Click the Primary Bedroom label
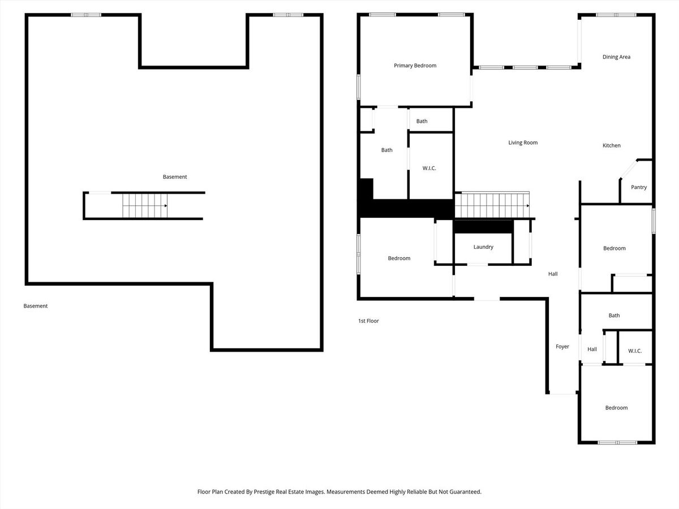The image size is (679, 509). pyautogui.click(x=415, y=66)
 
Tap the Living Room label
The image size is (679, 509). pyautogui.click(x=523, y=143)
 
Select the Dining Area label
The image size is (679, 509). pyautogui.click(x=616, y=57)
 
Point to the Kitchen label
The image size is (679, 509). pyautogui.click(x=611, y=145)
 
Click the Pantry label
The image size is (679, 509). pyautogui.click(x=639, y=187)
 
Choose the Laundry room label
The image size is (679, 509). pyautogui.click(x=483, y=247)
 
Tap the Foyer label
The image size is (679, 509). pyautogui.click(x=562, y=347)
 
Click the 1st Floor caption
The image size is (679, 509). pyautogui.click(x=368, y=321)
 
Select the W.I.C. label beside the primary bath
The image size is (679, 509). pyautogui.click(x=429, y=168)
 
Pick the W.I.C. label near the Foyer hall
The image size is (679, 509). pyautogui.click(x=635, y=351)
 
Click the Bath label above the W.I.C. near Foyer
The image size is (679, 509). pyautogui.click(x=614, y=315)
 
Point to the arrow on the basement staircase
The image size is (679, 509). pyautogui.click(x=166, y=205)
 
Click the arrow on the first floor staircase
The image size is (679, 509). pyautogui.click(x=528, y=205)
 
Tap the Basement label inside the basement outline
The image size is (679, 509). pyautogui.click(x=175, y=177)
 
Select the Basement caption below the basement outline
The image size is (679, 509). pyautogui.click(x=36, y=306)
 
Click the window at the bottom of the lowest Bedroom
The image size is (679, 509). pyautogui.click(x=617, y=443)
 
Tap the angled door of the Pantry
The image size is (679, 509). pyautogui.click(x=628, y=169)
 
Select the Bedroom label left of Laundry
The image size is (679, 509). pyautogui.click(x=399, y=258)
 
